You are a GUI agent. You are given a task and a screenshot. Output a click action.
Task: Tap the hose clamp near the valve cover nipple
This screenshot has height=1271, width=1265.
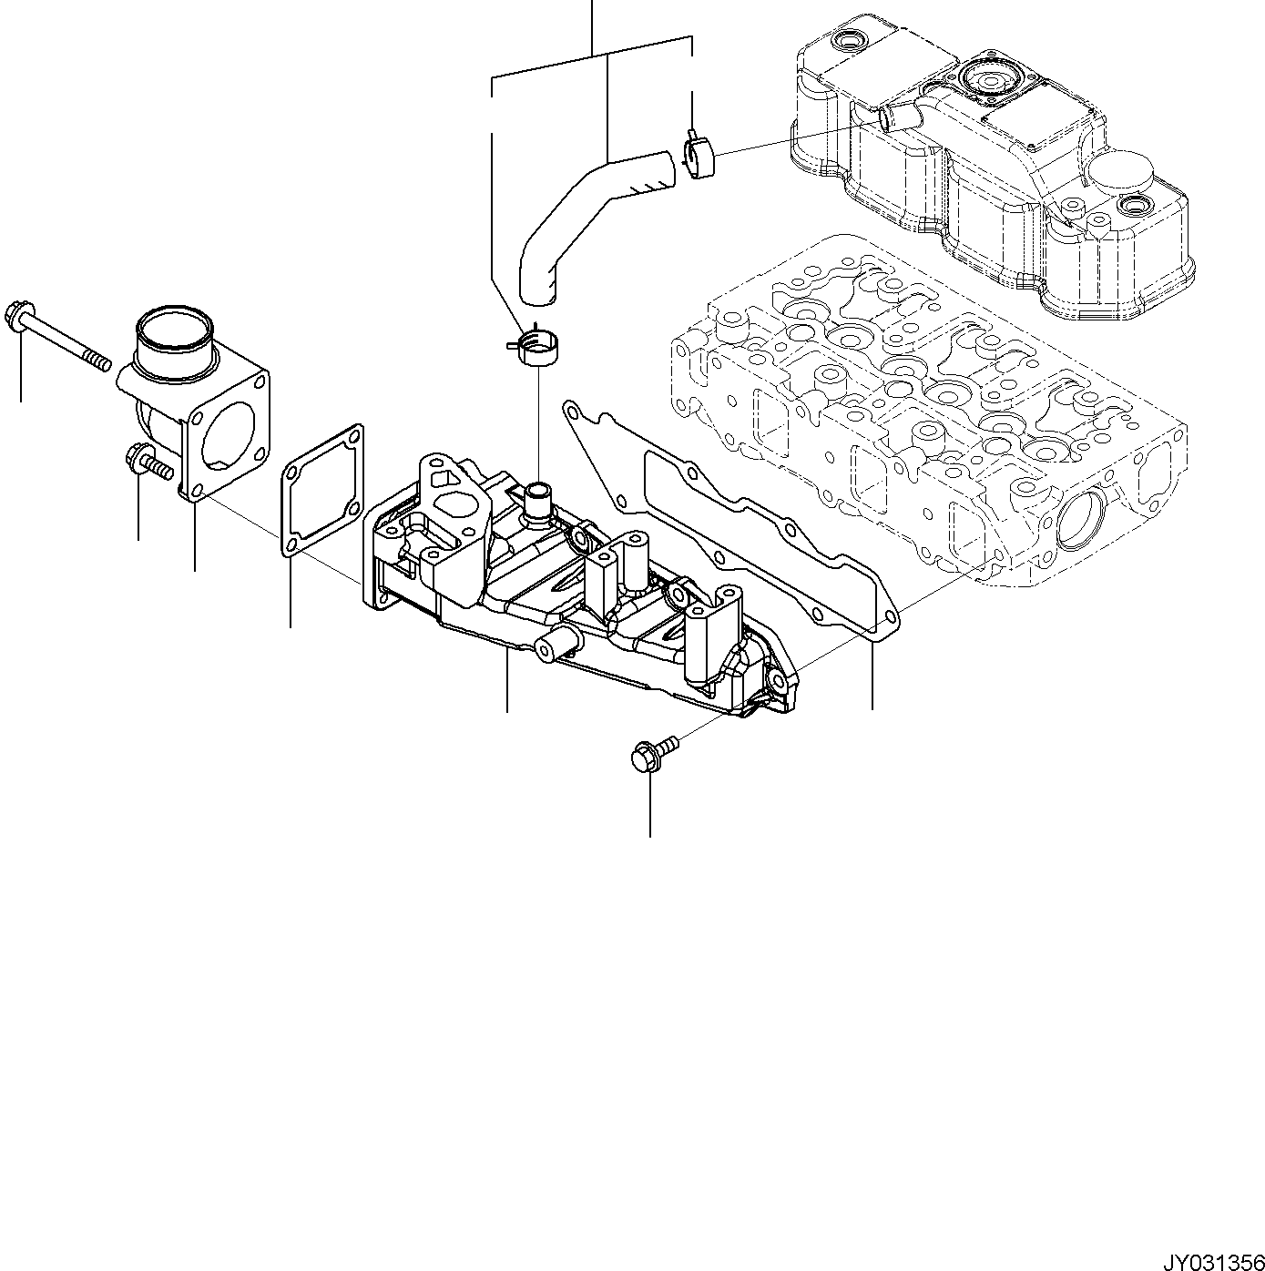click(699, 155)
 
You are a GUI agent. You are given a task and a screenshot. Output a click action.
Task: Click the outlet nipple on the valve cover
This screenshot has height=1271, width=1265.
click(897, 117)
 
